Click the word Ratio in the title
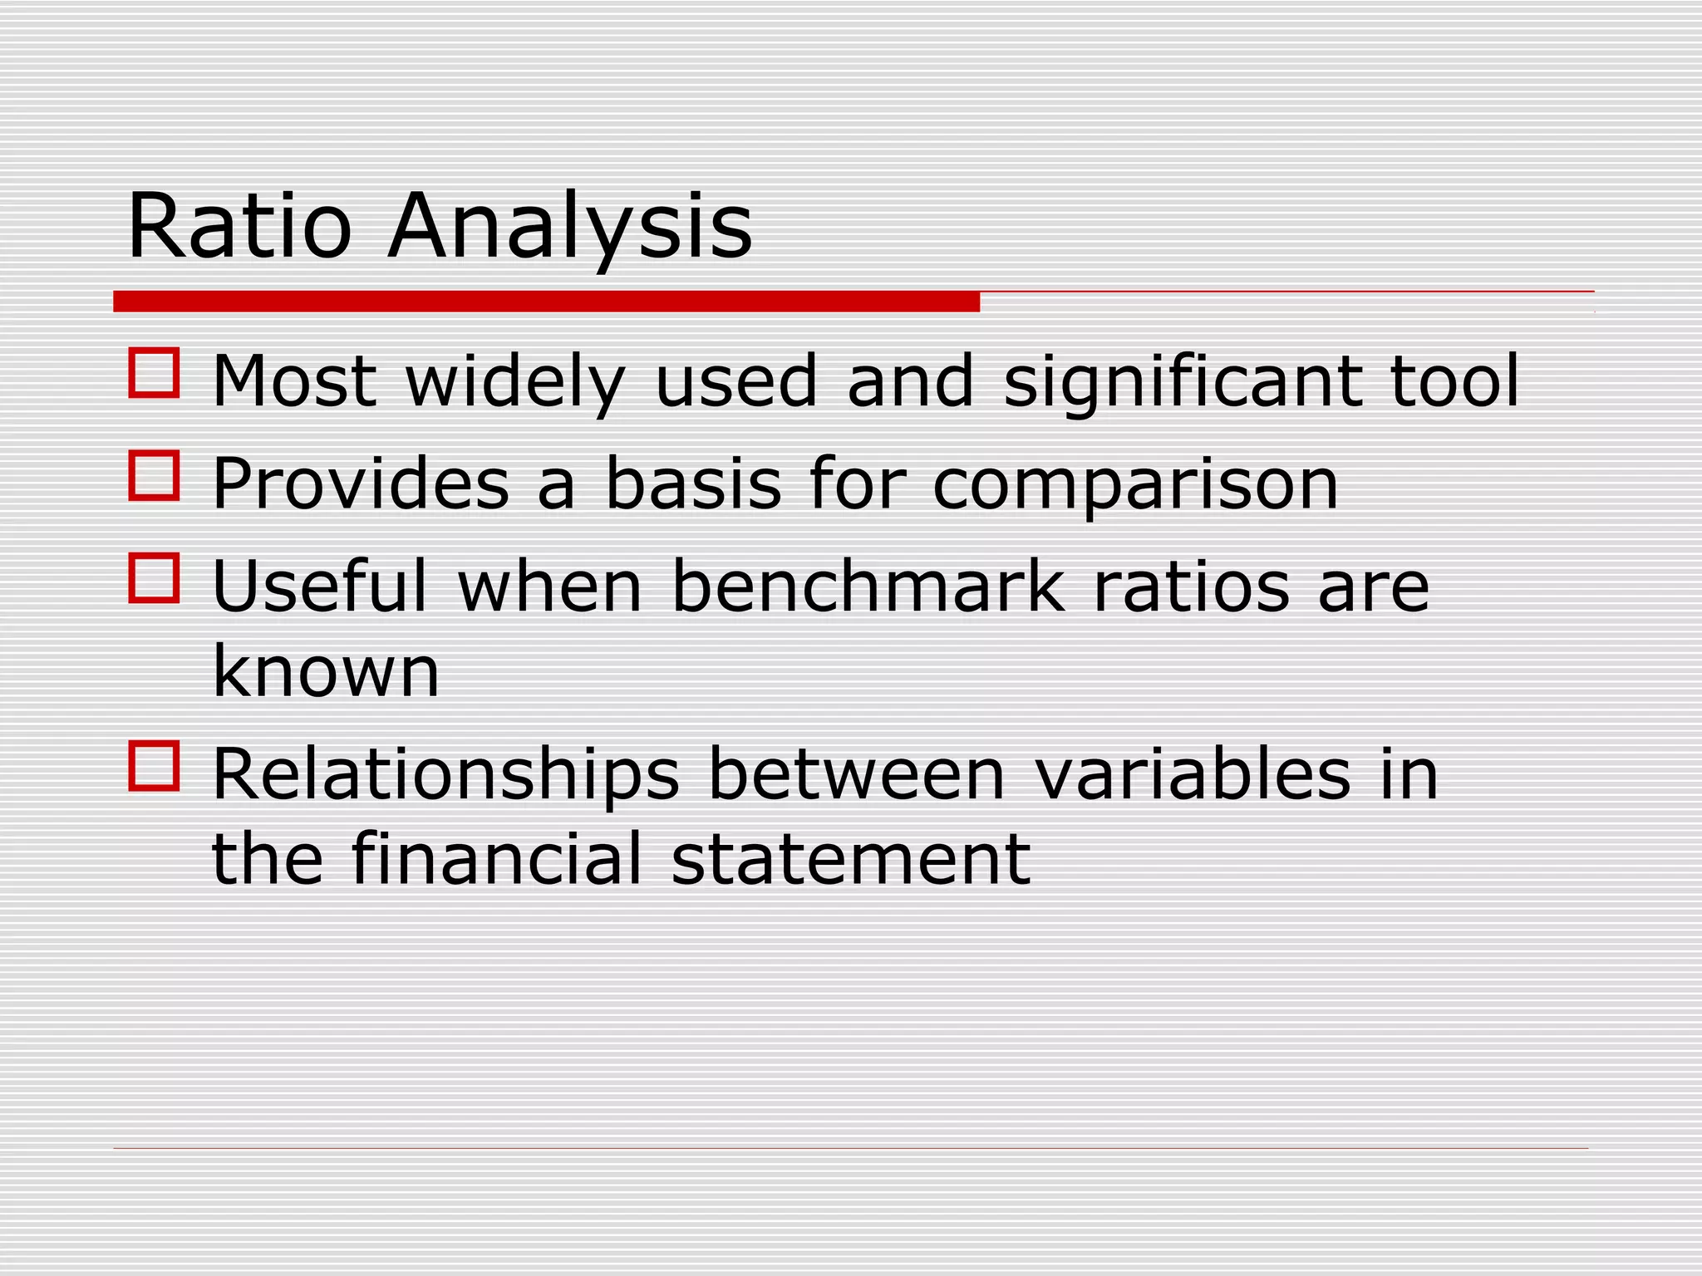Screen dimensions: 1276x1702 tap(239, 226)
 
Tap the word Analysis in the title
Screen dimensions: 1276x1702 tap(570, 226)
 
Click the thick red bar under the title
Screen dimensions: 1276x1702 tap(546, 302)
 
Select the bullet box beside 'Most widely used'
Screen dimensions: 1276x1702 tap(155, 373)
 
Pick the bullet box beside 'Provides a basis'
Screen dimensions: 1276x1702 tap(155, 475)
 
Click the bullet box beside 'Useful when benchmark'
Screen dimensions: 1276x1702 tap(155, 578)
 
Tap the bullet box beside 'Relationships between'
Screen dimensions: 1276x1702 tap(155, 765)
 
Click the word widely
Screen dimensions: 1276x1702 tap(514, 382)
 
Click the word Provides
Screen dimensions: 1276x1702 tap(361, 483)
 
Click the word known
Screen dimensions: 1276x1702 tap(326, 671)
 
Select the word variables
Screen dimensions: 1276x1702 tap(1193, 774)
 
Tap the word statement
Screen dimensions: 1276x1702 tap(850, 859)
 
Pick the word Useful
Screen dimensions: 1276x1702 tap(320, 586)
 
